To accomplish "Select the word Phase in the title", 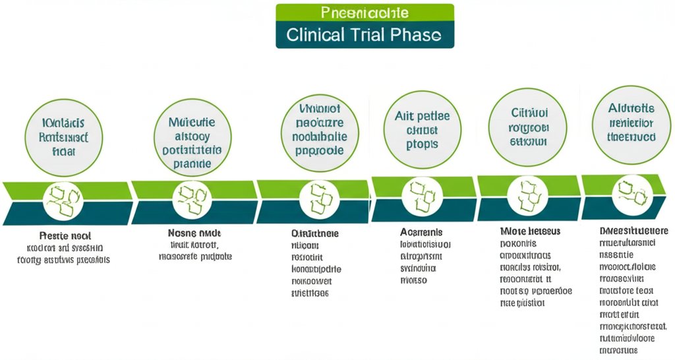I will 415,34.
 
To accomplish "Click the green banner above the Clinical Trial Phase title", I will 365,13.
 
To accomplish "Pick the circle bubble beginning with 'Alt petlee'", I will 417,130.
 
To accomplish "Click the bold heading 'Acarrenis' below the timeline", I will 421,233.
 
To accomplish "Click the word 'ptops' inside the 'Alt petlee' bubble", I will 417,144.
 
